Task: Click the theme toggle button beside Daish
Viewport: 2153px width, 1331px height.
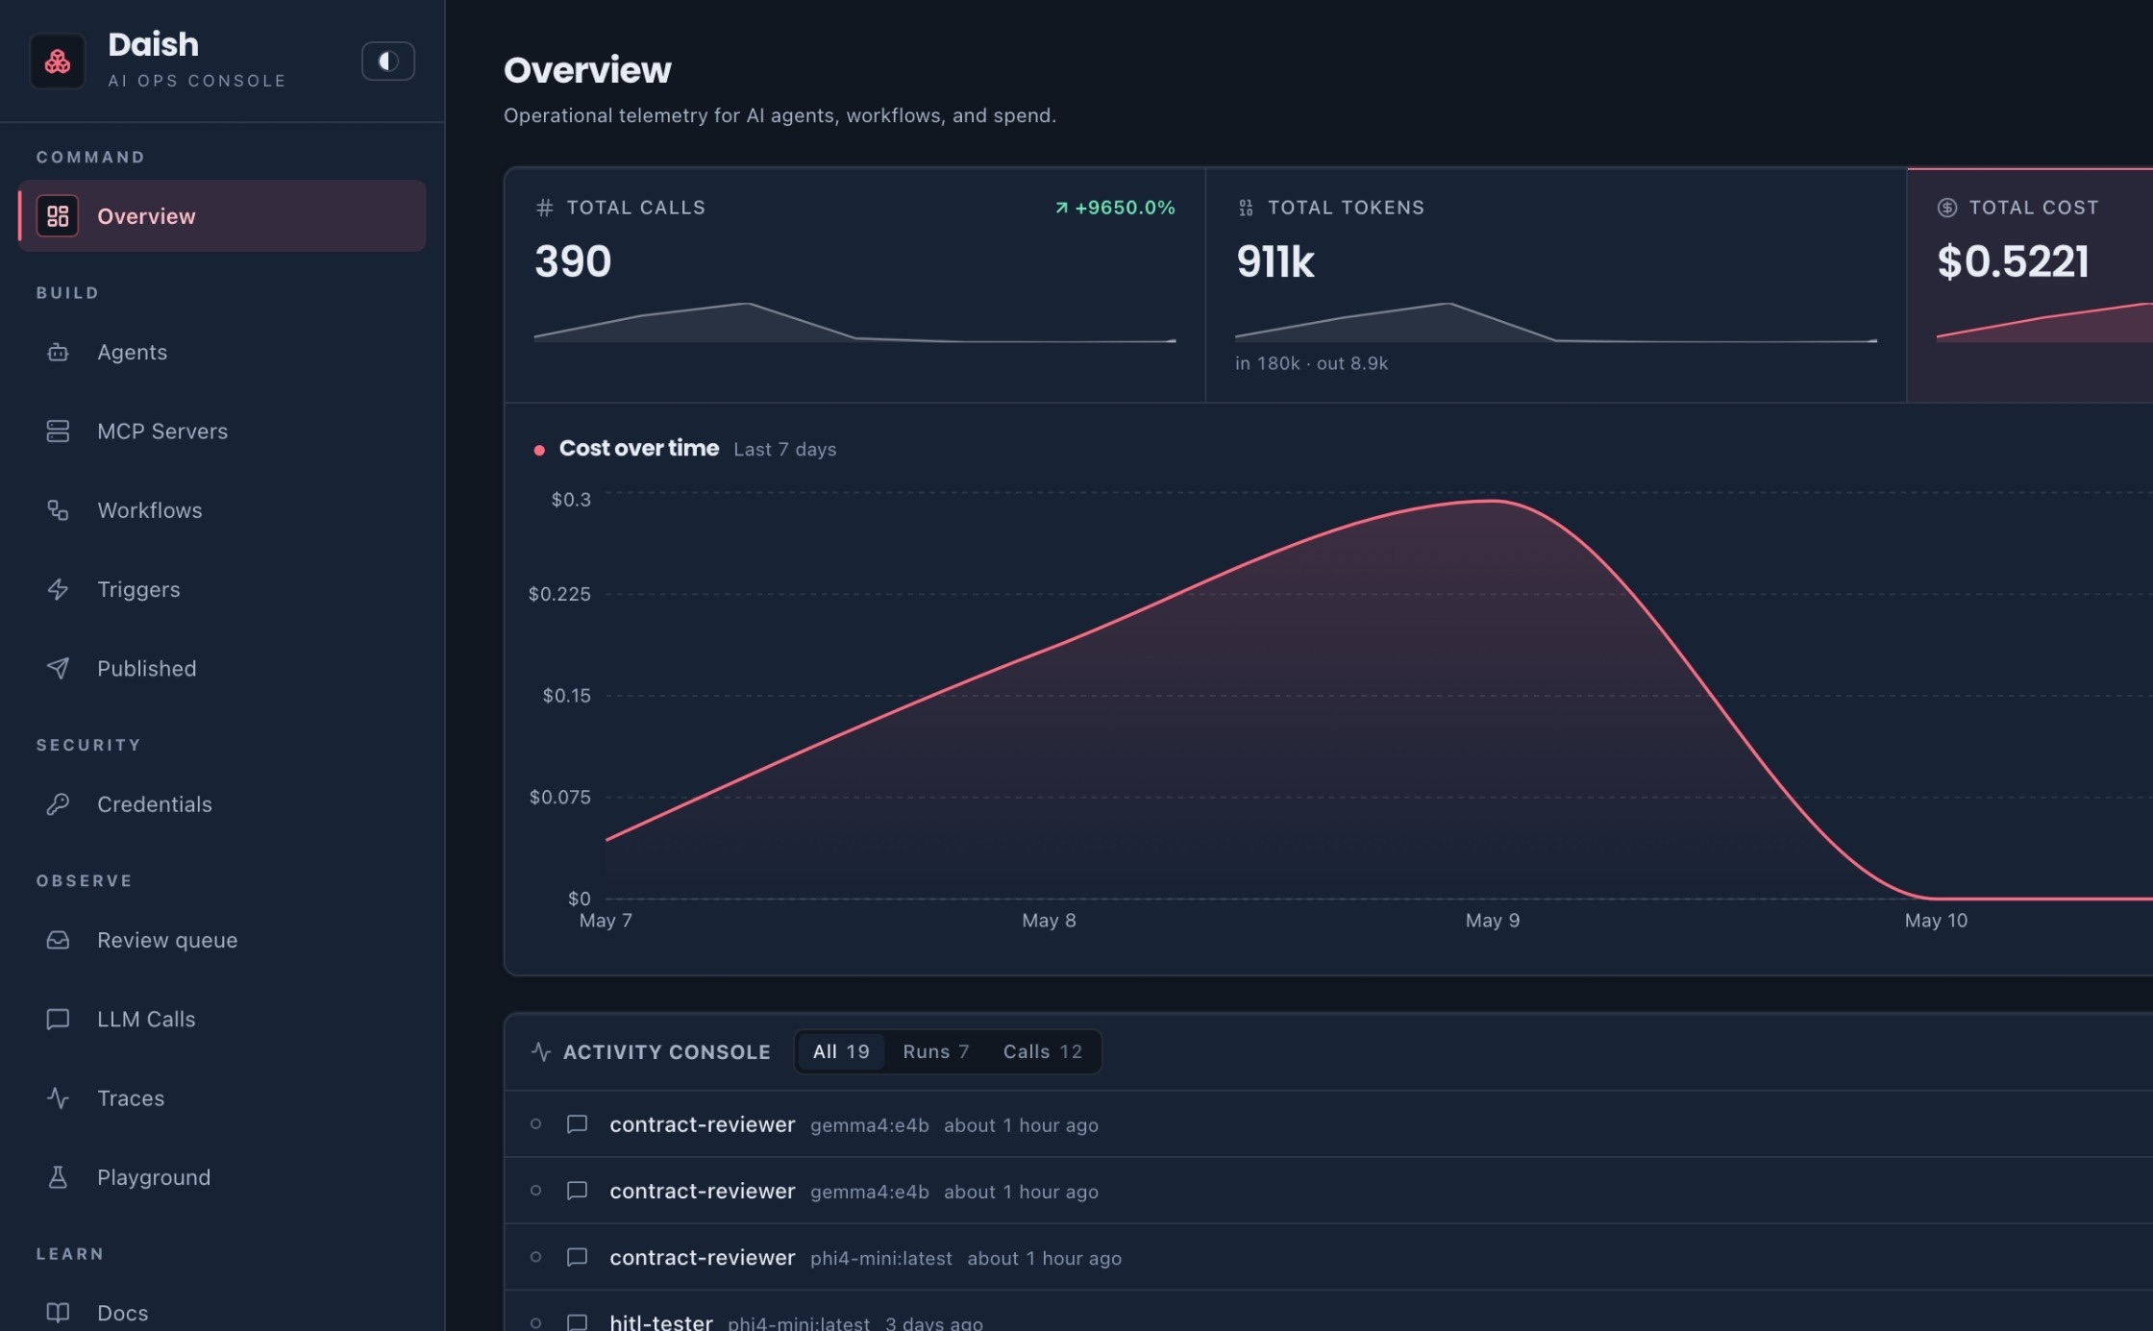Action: coord(387,62)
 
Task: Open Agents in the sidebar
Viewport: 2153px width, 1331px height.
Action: coord(132,353)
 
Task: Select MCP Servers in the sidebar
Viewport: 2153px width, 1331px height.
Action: coord(162,431)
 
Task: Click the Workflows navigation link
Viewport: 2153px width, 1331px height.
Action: coord(150,510)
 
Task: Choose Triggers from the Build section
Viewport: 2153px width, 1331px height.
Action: coord(138,589)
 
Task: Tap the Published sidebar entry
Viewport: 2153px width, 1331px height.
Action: coord(146,669)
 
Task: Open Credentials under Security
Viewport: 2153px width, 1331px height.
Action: coord(155,804)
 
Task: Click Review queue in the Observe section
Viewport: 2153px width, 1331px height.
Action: coord(167,940)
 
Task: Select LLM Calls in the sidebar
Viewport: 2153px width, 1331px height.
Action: coord(146,1020)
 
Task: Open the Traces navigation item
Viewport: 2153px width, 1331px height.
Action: coord(131,1098)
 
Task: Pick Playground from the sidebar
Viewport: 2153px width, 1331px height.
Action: coord(154,1177)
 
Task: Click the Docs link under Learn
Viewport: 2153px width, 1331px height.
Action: coord(123,1314)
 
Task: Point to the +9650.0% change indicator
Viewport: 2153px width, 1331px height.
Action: coord(1115,208)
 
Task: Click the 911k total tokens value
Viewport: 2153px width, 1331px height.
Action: coord(1275,261)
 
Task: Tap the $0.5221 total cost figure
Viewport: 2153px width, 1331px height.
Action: coord(2013,261)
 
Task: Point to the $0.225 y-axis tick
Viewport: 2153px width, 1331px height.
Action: coord(559,594)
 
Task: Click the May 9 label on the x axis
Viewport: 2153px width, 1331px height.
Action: coord(1493,921)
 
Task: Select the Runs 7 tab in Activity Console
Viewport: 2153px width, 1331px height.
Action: coord(935,1052)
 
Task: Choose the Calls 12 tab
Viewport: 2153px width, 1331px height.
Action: coord(1042,1052)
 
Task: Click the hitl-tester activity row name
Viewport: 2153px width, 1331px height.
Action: coord(661,1322)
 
